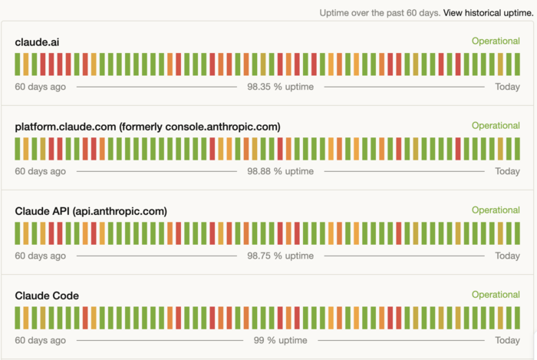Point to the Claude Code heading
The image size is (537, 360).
47,295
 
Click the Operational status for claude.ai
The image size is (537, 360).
496,41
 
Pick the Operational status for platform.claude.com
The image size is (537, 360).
496,125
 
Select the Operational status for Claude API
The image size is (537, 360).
496,210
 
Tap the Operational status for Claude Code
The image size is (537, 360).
496,294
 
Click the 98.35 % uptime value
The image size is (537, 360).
280,87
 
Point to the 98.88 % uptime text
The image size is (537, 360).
280,171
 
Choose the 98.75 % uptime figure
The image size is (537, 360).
280,256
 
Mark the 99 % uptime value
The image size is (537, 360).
280,340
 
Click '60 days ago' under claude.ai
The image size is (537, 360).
40,87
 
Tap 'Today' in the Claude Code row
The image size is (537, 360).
507,340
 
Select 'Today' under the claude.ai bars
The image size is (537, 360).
507,87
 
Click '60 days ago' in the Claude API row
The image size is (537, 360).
40,256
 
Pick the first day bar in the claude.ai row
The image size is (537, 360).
18,64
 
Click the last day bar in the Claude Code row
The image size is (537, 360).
518,317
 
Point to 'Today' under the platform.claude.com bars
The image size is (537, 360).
507,171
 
